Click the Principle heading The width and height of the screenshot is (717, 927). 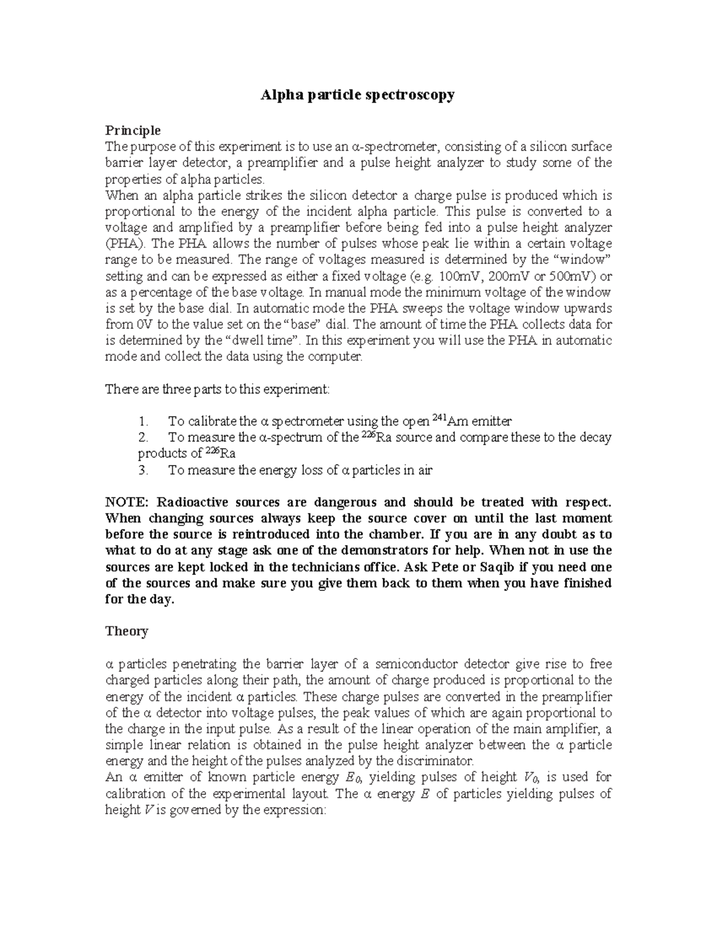click(133, 130)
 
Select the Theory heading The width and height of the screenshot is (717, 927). click(127, 631)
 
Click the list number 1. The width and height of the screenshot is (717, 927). click(142, 421)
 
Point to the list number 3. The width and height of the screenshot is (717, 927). click(142, 470)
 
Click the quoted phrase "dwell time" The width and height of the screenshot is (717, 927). click(259, 341)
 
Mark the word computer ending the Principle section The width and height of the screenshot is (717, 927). click(335, 357)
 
